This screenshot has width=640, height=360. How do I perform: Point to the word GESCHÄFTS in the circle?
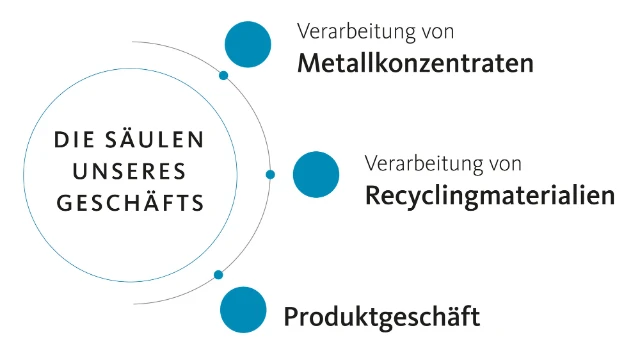click(130, 202)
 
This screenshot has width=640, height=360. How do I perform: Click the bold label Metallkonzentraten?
click(415, 62)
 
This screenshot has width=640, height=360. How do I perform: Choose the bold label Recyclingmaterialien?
click(489, 194)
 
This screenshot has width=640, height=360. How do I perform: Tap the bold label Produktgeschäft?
click(382, 318)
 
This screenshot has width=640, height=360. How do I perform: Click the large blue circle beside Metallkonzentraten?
click(248, 43)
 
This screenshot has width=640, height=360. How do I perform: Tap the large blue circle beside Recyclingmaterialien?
click(316, 175)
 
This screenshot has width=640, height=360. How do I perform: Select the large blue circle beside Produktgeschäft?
click(244, 309)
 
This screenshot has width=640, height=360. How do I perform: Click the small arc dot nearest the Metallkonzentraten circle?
click(223, 76)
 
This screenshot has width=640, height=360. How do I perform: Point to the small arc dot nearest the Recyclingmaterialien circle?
click(270, 175)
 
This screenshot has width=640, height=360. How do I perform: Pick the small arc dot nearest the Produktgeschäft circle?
click(218, 274)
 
